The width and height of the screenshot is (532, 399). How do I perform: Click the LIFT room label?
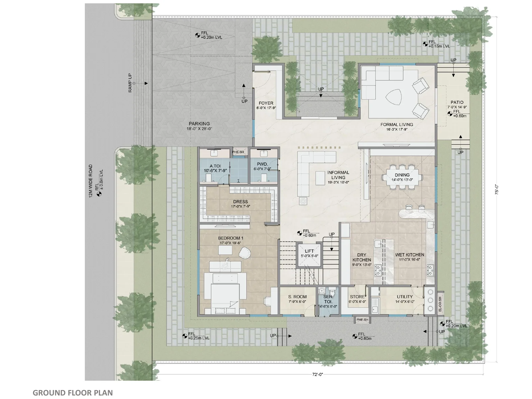[x=309, y=251]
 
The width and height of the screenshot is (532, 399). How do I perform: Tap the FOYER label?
[x=266, y=103]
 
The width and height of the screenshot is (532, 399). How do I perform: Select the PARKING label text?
[x=199, y=124]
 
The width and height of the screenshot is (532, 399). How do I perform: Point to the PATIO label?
[x=457, y=102]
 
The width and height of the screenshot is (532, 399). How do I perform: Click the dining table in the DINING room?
[x=402, y=177]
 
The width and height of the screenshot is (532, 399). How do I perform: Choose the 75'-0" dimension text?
[x=496, y=190]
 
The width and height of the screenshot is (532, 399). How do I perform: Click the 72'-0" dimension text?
[x=318, y=374]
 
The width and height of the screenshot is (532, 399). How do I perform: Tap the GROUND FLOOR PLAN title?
[x=73, y=393]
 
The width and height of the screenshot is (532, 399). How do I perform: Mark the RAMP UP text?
[x=130, y=83]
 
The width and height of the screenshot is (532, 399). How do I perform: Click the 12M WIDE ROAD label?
[x=91, y=181]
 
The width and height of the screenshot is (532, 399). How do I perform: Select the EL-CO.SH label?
[x=440, y=304]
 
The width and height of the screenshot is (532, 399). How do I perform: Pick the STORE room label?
[x=357, y=297]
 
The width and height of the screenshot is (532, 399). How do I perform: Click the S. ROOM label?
[x=297, y=297]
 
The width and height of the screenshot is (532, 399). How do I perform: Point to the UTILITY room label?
[x=405, y=297]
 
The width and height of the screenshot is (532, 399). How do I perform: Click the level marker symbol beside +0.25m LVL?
[x=185, y=336]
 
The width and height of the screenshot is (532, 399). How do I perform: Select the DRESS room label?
[x=240, y=201]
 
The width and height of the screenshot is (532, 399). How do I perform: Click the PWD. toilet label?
[x=262, y=164]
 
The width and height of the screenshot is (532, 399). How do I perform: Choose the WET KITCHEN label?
[x=410, y=255]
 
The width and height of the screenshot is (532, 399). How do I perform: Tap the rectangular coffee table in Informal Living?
[x=320, y=178]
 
